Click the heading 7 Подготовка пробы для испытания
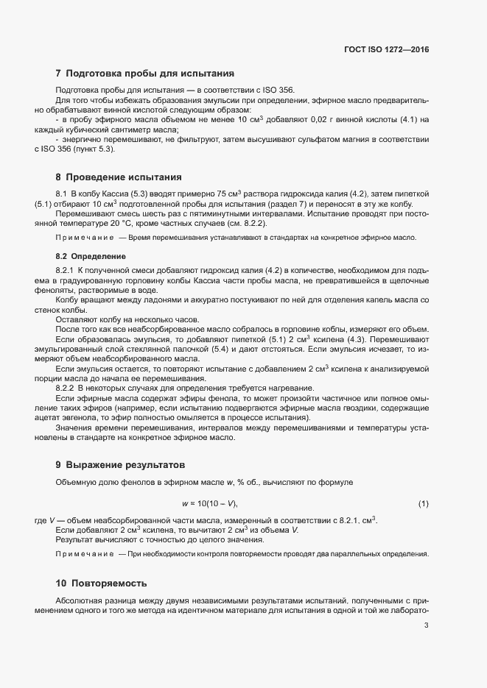click(144, 74)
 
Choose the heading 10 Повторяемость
click(101, 582)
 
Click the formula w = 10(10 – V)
click(210, 503)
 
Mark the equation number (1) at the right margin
click(423, 503)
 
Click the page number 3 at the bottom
click(427, 626)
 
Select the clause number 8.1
click(62, 193)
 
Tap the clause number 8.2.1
click(66, 272)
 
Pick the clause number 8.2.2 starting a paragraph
click(66, 388)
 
